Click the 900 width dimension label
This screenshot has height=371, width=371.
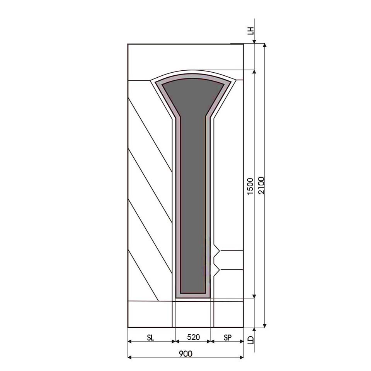pyautogui.click(x=185, y=354)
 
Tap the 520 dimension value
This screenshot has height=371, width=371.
pyautogui.click(x=193, y=337)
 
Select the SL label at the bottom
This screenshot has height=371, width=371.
pyautogui.click(x=150, y=338)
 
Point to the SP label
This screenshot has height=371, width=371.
pyautogui.click(x=227, y=338)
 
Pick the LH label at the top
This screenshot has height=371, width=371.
pyautogui.click(x=250, y=31)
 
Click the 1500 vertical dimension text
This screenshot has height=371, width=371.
pyautogui.click(x=250, y=186)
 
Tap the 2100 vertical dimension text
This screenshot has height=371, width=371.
pyautogui.click(x=261, y=185)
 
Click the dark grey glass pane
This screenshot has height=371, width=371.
pyautogui.click(x=193, y=185)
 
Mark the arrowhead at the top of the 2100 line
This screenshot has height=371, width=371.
pyautogui.click(x=265, y=45)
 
